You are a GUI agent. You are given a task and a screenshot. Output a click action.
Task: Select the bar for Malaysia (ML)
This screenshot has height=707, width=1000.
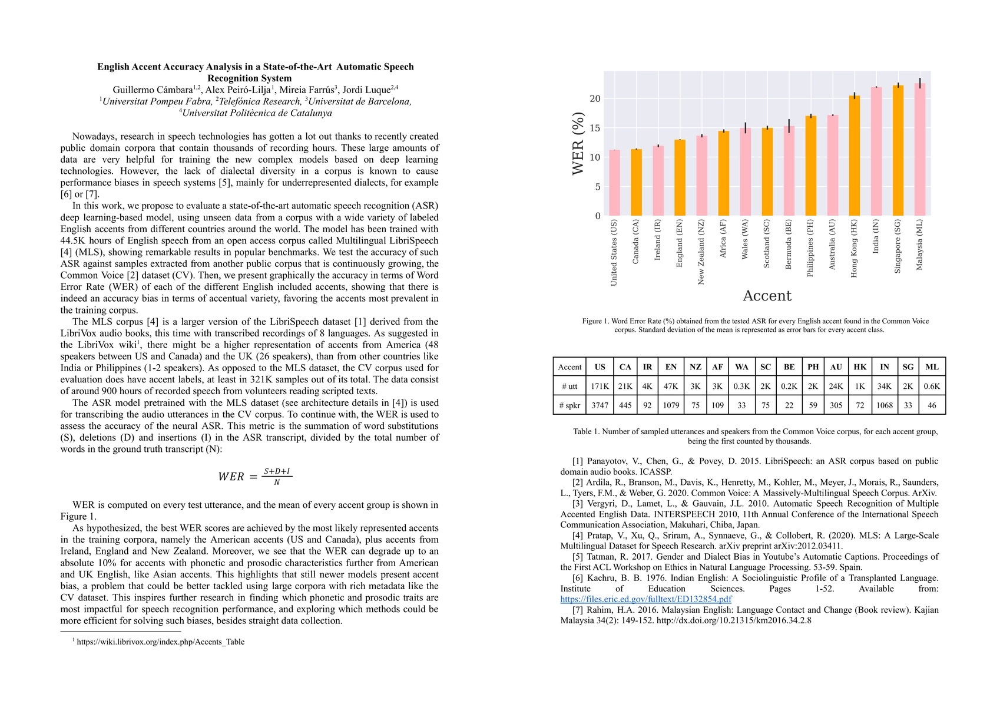click(x=920, y=150)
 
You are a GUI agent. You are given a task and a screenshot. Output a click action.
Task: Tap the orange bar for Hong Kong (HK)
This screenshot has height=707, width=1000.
click(x=855, y=156)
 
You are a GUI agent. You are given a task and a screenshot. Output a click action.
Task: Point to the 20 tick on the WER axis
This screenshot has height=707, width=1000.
click(x=595, y=98)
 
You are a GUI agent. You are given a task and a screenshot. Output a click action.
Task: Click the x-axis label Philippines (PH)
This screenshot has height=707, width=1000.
click(x=811, y=248)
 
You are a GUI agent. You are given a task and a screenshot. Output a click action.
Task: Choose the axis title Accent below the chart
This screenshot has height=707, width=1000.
click(x=767, y=296)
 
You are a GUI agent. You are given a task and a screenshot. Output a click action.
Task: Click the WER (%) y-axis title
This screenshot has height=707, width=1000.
click(x=578, y=144)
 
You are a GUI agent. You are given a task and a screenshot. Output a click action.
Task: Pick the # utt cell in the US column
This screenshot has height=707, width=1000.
click(x=600, y=386)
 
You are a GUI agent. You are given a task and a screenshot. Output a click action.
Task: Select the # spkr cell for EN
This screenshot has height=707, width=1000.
click(x=671, y=405)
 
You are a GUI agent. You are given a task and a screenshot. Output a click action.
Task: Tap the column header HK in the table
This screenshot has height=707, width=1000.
click(x=860, y=367)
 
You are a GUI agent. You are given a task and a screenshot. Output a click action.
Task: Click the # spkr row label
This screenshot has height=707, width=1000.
click(x=569, y=405)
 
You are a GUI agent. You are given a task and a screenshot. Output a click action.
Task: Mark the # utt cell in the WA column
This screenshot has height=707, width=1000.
click(x=741, y=386)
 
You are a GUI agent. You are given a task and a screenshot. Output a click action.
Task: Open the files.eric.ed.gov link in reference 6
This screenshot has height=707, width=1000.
click(x=646, y=599)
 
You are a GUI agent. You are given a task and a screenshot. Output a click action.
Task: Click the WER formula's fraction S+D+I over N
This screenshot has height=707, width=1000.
click(x=277, y=477)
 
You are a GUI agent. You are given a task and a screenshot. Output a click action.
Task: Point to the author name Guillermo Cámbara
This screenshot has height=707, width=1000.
click(x=153, y=90)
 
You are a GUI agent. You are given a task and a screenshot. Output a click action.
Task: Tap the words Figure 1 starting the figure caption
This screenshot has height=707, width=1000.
click(x=595, y=321)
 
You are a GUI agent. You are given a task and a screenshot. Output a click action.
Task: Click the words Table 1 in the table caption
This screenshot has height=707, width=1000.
click(x=587, y=431)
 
